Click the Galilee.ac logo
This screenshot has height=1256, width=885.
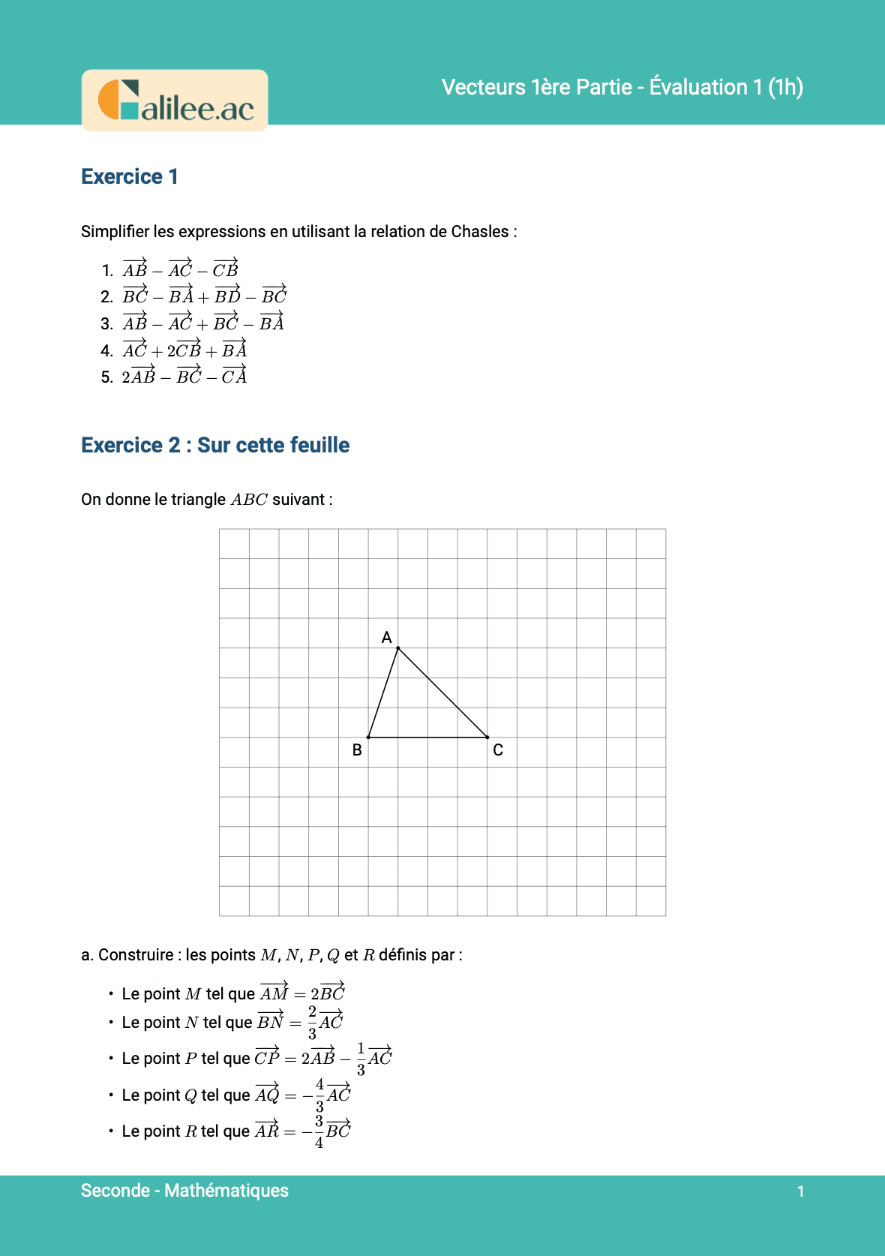click(175, 101)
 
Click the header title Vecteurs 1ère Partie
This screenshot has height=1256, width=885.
click(622, 87)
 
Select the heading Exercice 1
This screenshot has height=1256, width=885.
click(130, 176)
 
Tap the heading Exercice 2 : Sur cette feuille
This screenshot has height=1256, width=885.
click(215, 445)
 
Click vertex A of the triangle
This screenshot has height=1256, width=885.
click(397, 648)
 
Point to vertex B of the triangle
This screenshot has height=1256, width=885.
click(368, 738)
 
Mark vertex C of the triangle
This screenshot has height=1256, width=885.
click(487, 738)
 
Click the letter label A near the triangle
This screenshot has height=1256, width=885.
click(386, 637)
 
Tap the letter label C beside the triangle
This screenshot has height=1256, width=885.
click(498, 750)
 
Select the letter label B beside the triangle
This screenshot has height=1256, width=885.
click(357, 750)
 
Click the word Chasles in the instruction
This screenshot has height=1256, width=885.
click(480, 231)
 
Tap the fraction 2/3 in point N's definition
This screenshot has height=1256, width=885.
click(313, 1022)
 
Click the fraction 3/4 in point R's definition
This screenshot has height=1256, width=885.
click(319, 1131)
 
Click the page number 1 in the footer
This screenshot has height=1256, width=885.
click(800, 1191)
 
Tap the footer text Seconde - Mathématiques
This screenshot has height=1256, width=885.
click(184, 1190)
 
